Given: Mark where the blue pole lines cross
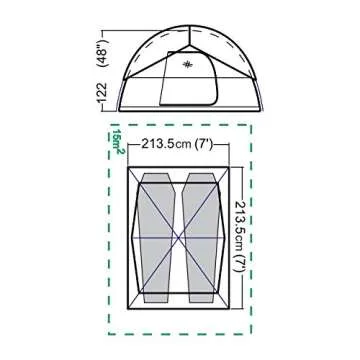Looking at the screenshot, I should [179, 240].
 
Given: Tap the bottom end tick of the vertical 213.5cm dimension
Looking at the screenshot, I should [240, 312].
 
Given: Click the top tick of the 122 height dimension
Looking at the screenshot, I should [103, 10].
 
